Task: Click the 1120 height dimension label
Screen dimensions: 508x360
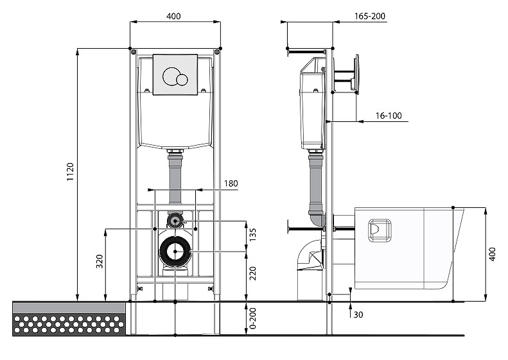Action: (70, 171)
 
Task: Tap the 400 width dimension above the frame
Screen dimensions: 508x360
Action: (173, 16)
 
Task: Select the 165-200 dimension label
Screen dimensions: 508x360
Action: (370, 16)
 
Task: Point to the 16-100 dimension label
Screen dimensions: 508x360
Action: (389, 116)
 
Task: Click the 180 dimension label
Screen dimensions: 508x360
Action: (231, 184)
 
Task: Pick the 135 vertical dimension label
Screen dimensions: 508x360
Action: (253, 235)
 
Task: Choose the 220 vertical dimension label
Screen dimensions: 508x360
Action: (253, 273)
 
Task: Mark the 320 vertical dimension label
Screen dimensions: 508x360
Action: (100, 262)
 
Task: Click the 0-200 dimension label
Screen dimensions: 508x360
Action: (253, 318)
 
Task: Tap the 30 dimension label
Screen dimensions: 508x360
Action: (358, 314)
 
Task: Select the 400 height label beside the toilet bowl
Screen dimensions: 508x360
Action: (492, 255)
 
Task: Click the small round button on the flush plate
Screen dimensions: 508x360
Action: (182, 80)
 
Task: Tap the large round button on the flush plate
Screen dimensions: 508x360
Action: (171, 77)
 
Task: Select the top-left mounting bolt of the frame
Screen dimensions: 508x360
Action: (133, 52)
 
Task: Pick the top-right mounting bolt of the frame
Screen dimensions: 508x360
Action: (216, 52)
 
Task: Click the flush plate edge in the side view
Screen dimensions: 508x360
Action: (356, 74)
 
